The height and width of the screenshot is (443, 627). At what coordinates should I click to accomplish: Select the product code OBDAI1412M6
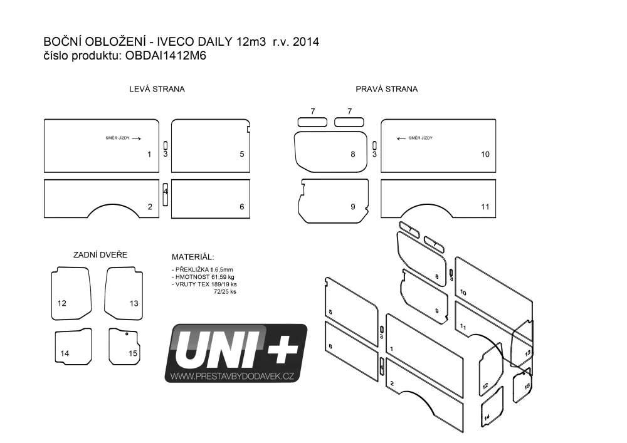166,56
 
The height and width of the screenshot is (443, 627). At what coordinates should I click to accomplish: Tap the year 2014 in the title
306,41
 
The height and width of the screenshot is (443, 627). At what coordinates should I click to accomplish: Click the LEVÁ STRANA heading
157,89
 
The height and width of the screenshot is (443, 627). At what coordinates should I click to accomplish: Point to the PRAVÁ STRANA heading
387,89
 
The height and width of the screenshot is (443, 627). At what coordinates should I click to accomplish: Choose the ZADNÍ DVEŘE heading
100,254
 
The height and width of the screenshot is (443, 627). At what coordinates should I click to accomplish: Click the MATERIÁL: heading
192,257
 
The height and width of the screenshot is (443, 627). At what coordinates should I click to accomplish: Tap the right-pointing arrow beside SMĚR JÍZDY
136,138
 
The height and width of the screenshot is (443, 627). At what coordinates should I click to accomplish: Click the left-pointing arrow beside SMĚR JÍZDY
401,138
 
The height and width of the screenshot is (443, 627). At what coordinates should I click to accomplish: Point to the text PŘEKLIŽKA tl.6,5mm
204,269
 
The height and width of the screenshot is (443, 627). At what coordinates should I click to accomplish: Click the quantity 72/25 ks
224,291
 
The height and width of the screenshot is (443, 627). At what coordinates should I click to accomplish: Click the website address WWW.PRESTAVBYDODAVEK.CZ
233,376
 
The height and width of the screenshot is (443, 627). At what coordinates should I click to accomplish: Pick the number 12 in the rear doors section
62,303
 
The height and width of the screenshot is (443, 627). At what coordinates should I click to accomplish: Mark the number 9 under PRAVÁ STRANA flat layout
352,207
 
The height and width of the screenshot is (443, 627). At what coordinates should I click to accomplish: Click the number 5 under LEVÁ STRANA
242,154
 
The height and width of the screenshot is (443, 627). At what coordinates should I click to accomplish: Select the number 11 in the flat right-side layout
485,207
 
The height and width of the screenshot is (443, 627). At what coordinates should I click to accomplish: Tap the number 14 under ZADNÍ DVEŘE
65,353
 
